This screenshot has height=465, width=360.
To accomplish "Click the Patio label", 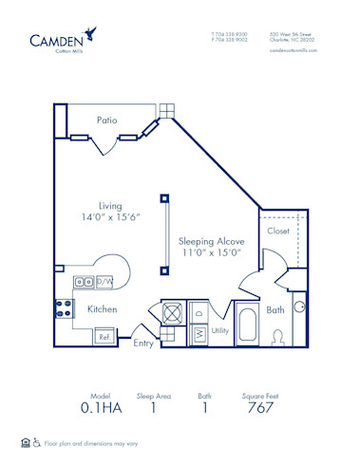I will (106, 120).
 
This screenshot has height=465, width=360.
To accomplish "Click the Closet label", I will (278, 231).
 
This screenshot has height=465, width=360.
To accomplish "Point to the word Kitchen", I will (102, 309).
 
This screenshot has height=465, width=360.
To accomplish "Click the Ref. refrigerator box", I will (104, 336).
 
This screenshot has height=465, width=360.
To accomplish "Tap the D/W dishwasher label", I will (105, 282).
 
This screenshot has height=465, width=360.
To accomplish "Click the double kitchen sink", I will (84, 282).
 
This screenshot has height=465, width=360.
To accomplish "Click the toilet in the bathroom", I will (278, 337).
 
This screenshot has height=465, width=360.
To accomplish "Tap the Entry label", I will (143, 343).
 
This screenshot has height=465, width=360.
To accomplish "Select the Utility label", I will (220, 331).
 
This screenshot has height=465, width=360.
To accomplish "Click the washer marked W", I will (200, 333).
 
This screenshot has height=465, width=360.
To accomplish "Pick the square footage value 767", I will (260, 407).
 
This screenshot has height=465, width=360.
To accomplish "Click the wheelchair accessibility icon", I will (37, 442).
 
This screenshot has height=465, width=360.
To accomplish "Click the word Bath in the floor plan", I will (275, 310).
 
